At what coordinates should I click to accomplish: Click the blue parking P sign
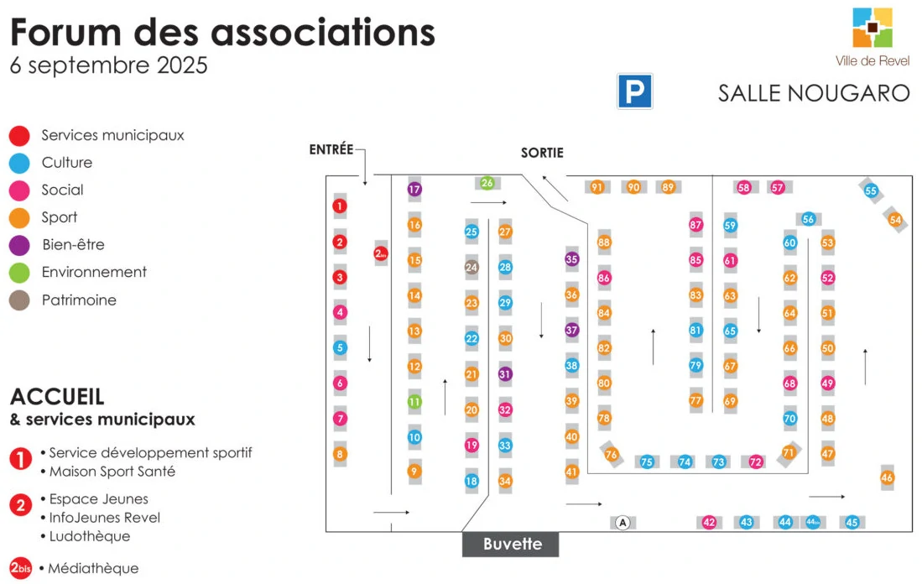[635, 91]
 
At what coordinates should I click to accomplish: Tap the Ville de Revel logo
[873, 29]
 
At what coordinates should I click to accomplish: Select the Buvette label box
[511, 544]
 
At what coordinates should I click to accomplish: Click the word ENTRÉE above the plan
[331, 149]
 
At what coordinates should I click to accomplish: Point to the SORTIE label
[542, 153]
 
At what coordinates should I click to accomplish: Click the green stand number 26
[487, 183]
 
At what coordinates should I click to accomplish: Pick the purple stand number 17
[414, 189]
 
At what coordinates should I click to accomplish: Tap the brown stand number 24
[471, 268]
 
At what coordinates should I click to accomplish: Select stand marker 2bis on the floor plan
[381, 253]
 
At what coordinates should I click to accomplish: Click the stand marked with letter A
[622, 523]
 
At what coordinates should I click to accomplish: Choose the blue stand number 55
[871, 190]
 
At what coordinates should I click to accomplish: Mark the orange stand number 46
[888, 477]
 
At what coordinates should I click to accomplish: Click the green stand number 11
[414, 402]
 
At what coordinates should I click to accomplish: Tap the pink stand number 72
[756, 461]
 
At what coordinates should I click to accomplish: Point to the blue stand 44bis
[812, 522]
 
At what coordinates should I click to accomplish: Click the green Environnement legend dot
[19, 273]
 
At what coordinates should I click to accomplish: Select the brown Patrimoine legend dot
[19, 300]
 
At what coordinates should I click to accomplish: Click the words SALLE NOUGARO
[814, 92]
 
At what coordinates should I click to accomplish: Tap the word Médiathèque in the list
[93, 568]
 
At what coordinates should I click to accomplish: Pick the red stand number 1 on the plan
[340, 206]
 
